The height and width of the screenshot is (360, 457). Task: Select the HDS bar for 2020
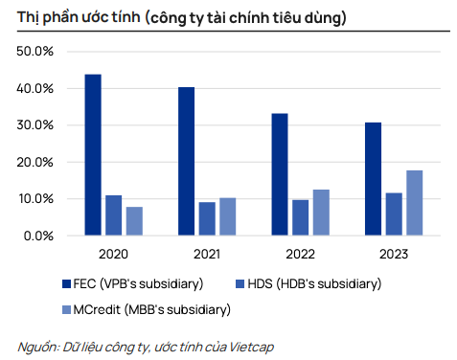(x=114, y=215)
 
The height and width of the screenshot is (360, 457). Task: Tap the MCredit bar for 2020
(x=134, y=221)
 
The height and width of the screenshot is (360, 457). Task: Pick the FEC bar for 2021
(x=186, y=161)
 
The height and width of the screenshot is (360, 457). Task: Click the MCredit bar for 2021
(x=228, y=216)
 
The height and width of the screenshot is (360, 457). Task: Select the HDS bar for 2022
(x=301, y=217)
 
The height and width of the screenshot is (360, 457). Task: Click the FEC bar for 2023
(x=373, y=179)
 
